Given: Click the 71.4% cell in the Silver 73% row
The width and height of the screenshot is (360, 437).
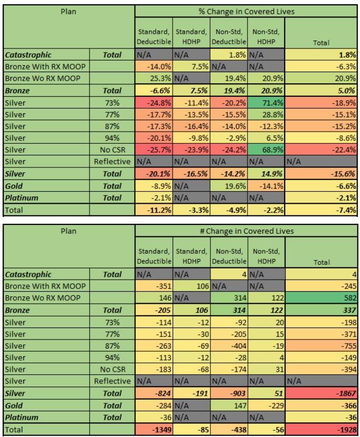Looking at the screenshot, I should coord(265,102).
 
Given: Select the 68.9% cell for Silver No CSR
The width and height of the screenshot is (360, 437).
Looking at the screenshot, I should coord(265,150).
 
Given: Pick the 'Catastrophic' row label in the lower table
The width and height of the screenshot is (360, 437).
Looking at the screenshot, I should coord(28,274).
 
